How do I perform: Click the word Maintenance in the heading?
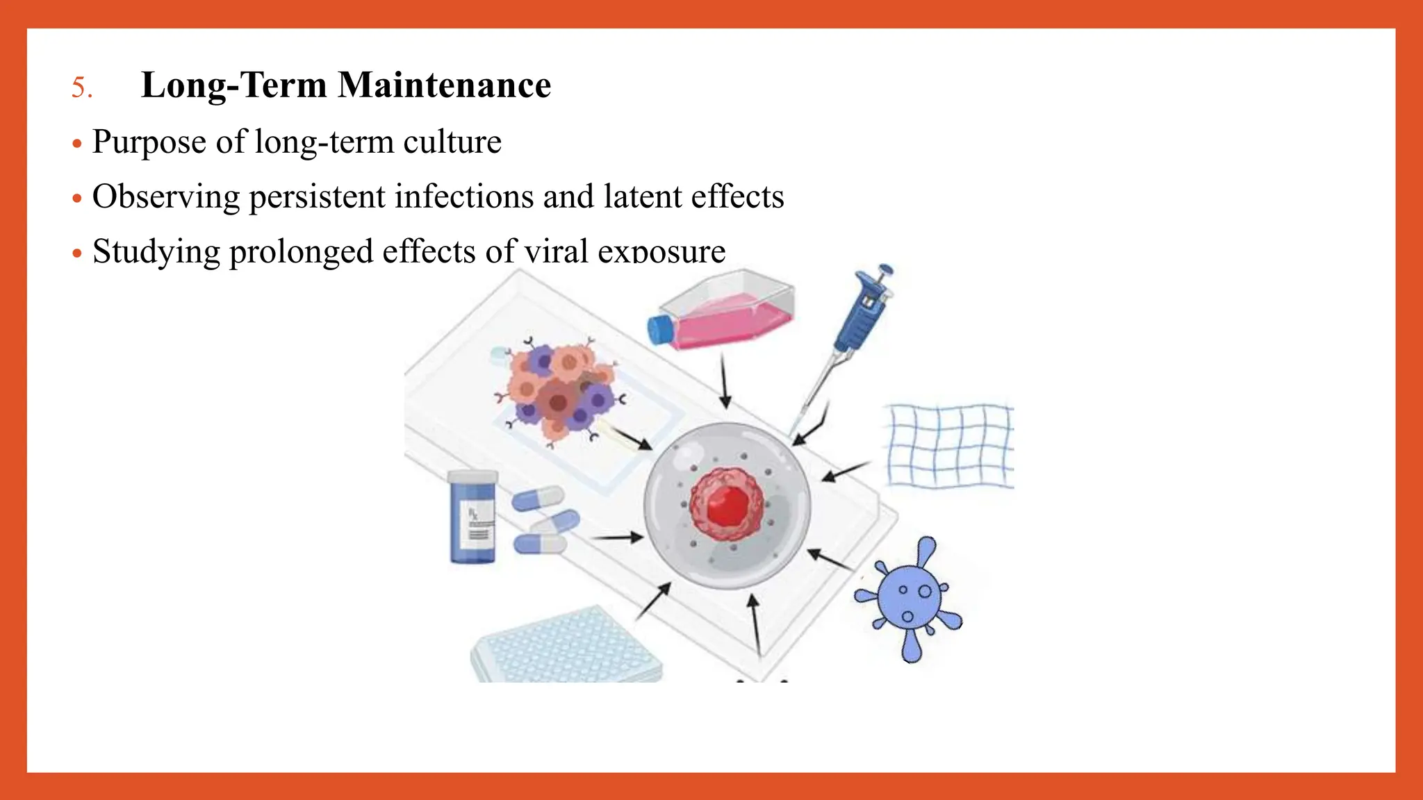[x=444, y=85]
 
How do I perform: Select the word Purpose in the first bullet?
[x=149, y=142]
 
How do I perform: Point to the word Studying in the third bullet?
[x=156, y=251]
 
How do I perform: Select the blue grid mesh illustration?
[x=950, y=445]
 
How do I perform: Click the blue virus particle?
[x=910, y=597]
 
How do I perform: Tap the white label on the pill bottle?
[x=479, y=524]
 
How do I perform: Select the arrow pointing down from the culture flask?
[x=725, y=381]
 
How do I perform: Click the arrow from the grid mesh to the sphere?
[x=845, y=472]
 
